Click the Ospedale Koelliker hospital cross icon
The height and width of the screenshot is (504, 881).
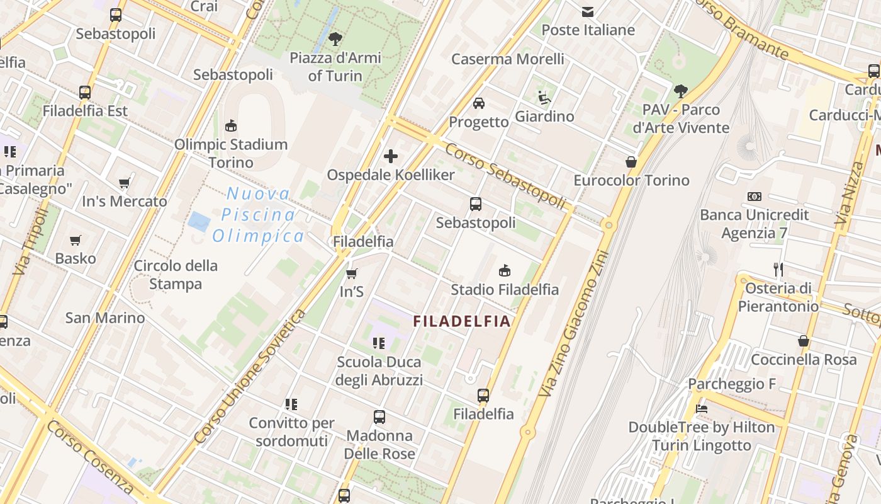391,156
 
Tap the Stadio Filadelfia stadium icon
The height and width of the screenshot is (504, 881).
504,271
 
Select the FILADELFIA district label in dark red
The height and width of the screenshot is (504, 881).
461,321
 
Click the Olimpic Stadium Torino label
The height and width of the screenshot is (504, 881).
231,153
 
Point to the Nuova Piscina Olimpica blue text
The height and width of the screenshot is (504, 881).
258,215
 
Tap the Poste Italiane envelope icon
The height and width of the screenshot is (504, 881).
588,11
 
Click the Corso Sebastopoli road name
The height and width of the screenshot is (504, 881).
506,175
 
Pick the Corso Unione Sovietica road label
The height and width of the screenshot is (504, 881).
250,376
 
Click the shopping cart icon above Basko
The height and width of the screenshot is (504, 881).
76,240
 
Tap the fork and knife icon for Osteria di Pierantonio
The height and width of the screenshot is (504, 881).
778,270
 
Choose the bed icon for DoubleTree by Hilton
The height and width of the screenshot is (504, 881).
702,408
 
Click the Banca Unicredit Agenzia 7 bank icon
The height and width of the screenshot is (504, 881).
754,197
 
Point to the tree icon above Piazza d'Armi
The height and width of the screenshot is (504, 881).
335,38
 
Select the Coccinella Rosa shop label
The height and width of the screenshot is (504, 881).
804,360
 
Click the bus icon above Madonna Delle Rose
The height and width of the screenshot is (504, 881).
379,416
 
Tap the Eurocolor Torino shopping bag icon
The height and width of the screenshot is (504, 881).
631,162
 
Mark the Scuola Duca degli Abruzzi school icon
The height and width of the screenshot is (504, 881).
379,343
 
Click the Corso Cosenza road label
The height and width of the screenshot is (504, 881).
90,457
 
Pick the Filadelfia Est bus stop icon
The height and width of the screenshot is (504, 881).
85,92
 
